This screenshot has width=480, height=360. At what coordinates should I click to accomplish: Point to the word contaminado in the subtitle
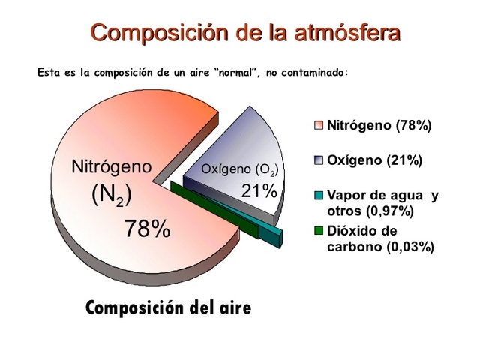(x=310, y=73)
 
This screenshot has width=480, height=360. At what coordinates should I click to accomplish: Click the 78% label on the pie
(x=147, y=229)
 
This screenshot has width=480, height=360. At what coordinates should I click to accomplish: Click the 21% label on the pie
(x=259, y=191)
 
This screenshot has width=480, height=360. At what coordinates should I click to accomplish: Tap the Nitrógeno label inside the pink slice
(x=111, y=166)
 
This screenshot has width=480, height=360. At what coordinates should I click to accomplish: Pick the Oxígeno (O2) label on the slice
(x=239, y=170)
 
